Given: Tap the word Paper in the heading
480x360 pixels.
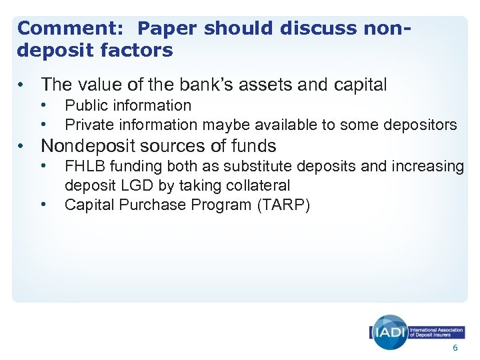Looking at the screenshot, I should pyautogui.click(x=167, y=29).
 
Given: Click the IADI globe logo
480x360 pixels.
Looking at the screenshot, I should pyautogui.click(x=389, y=331).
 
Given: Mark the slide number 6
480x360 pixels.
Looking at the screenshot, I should pyautogui.click(x=455, y=349).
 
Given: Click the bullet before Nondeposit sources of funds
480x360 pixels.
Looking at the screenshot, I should pyautogui.click(x=23, y=146).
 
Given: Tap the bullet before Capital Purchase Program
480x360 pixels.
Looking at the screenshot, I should pyautogui.click(x=43, y=205).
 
